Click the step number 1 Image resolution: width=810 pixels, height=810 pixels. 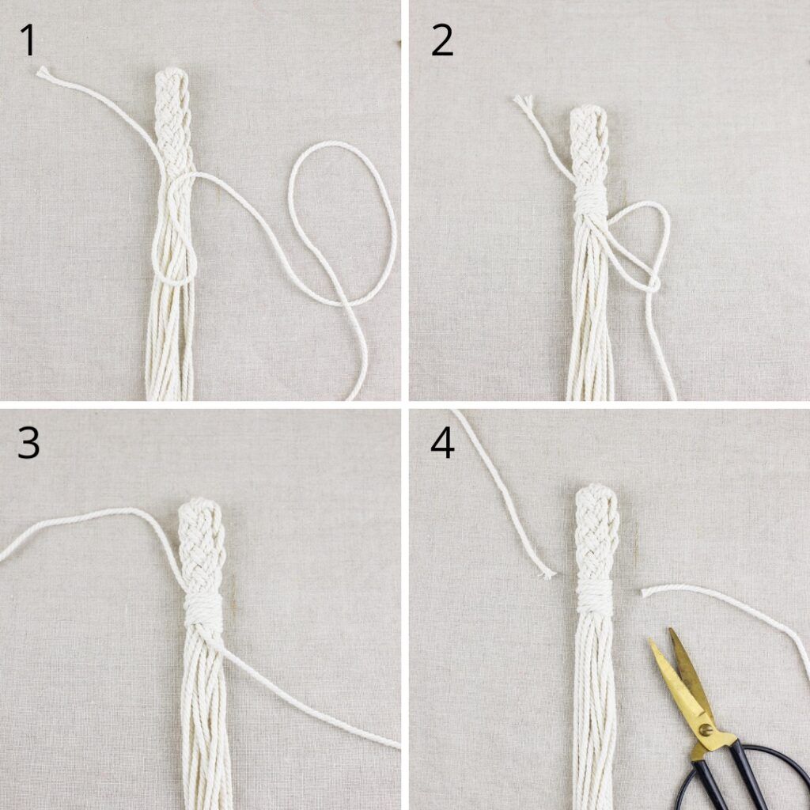29,40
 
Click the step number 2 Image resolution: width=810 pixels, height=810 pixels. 441,40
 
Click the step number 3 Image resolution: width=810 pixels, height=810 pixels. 28,444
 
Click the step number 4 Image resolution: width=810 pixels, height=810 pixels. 442,444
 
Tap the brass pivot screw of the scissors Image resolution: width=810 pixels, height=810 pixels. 705,730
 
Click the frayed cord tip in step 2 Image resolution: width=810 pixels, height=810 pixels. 523,101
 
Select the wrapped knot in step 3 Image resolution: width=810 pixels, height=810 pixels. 203,611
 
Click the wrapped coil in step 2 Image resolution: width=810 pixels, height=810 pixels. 592,201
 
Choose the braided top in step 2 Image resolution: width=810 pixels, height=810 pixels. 589,148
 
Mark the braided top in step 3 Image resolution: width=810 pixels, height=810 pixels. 202,547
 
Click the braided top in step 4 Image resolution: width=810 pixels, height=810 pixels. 596,532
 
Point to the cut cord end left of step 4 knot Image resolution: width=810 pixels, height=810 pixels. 547,573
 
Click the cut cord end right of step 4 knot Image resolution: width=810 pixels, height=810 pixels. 645,592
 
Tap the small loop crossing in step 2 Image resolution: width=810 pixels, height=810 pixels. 653,283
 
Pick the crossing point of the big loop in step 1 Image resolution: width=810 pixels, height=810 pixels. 343,301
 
